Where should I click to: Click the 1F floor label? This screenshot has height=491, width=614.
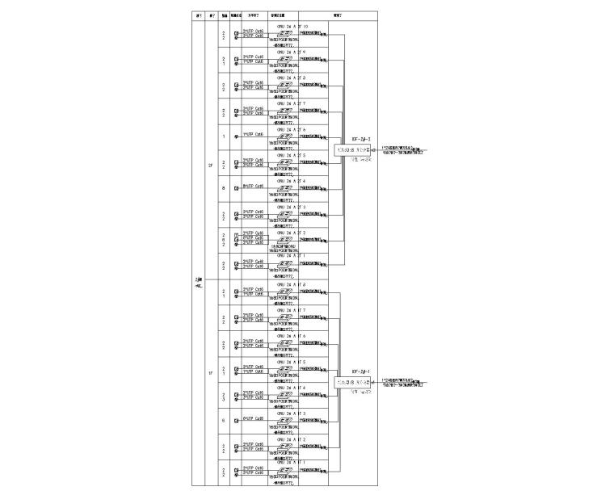click(x=211, y=372)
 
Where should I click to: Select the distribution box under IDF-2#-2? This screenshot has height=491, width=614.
click(x=356, y=149)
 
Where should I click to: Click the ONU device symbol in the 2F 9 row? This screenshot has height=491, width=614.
click(x=284, y=59)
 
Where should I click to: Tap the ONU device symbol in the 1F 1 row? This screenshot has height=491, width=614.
click(x=284, y=472)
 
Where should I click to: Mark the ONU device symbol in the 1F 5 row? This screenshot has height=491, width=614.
click(x=284, y=369)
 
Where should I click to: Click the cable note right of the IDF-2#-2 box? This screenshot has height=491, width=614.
click(x=403, y=149)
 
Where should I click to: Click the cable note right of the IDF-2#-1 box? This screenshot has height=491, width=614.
click(x=403, y=381)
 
